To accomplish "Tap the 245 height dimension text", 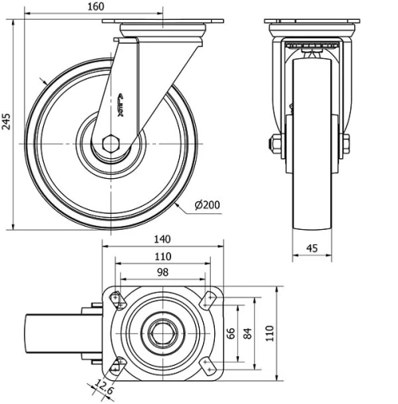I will pyautogui.click(x=7, y=122).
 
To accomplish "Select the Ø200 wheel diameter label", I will pyautogui.click(x=207, y=205).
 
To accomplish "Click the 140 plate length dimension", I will pyautogui.click(x=163, y=239).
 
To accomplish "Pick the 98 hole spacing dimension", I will pyautogui.click(x=163, y=273).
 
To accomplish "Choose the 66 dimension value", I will pyautogui.click(x=232, y=332).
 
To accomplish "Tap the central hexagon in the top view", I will pyautogui.click(x=163, y=332).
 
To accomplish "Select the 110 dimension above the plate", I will pyautogui.click(x=163, y=256).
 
